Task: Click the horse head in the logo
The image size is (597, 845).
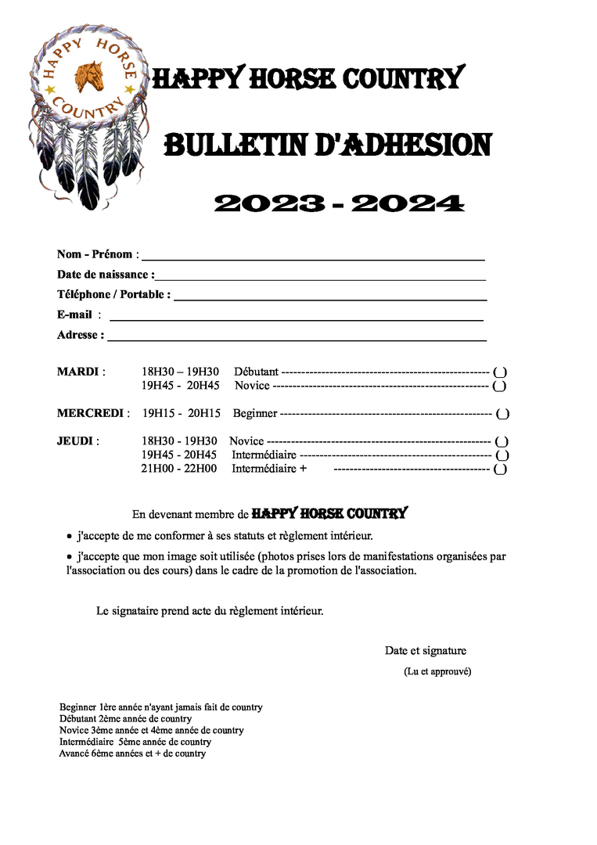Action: click(x=88, y=77)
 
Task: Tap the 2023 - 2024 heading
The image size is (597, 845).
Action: click(x=339, y=204)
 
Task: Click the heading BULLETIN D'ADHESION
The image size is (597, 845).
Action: click(x=327, y=146)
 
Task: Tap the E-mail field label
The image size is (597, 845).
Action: click(x=75, y=315)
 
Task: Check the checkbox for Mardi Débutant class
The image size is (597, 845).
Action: click(x=500, y=372)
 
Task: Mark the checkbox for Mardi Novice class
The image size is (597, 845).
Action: click(x=500, y=386)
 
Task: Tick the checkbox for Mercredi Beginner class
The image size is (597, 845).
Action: click(x=502, y=414)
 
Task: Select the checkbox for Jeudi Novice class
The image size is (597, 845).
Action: click(x=502, y=442)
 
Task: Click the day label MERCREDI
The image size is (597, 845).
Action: click(x=90, y=413)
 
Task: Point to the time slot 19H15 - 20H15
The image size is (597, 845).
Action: click(x=182, y=413)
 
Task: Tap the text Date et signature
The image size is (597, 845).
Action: click(x=425, y=651)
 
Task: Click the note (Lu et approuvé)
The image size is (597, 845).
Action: click(x=437, y=671)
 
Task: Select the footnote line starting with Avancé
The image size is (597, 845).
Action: click(x=132, y=754)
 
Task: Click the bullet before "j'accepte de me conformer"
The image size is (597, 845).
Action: click(x=69, y=537)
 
